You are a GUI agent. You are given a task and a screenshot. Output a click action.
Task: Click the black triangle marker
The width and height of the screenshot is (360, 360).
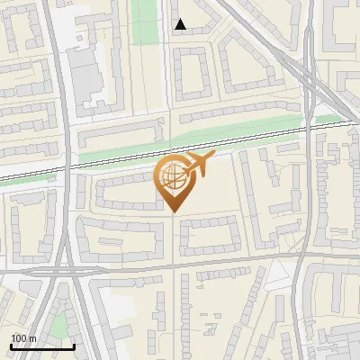[180, 24]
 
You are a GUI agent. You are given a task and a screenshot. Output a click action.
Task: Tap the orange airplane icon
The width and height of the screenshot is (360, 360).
[199, 164]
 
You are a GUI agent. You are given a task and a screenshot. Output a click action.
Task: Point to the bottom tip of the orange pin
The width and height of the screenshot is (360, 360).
[173, 213]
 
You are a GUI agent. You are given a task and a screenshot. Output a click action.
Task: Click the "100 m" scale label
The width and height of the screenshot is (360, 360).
[23, 338]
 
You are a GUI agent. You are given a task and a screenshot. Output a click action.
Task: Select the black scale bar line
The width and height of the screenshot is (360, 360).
[42, 346]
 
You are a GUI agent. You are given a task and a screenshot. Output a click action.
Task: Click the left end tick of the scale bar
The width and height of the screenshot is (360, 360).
[11, 346]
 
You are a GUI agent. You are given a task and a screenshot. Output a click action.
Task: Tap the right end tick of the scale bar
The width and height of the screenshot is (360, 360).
[74, 346]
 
